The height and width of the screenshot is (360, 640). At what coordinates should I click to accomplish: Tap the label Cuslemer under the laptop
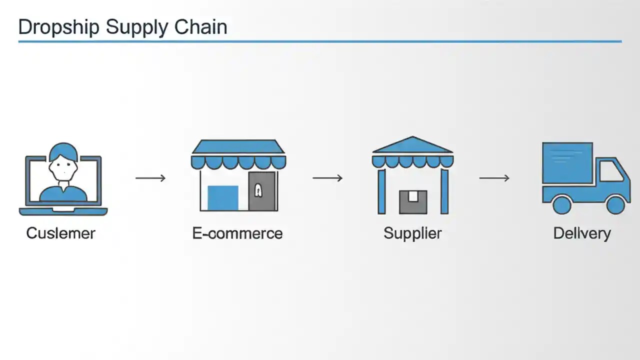click(60, 233)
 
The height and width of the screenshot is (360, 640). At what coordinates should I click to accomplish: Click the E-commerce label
click(237, 233)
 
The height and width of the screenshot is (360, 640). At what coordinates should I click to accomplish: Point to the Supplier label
click(412, 233)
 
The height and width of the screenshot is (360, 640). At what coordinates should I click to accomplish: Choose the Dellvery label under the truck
click(582, 233)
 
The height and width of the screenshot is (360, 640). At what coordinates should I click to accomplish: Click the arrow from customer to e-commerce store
click(150, 178)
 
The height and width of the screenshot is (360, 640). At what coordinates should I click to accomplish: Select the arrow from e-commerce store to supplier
click(327, 178)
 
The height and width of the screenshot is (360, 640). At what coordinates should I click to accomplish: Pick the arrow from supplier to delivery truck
click(494, 178)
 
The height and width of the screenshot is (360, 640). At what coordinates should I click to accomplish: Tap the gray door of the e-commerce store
click(262, 191)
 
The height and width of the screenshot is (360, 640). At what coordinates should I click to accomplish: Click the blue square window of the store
click(222, 197)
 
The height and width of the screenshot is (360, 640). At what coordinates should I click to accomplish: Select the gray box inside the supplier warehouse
click(413, 201)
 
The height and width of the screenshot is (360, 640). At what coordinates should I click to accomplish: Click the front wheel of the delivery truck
click(615, 204)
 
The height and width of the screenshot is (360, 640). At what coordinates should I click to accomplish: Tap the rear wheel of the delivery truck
click(561, 204)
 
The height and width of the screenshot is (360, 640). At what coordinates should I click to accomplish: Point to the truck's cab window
click(612, 172)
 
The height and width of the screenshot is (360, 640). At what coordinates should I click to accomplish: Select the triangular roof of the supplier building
click(412, 145)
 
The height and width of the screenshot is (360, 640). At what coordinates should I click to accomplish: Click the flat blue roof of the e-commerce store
click(238, 146)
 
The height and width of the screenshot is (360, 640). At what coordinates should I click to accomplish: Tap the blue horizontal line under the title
click(320, 41)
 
